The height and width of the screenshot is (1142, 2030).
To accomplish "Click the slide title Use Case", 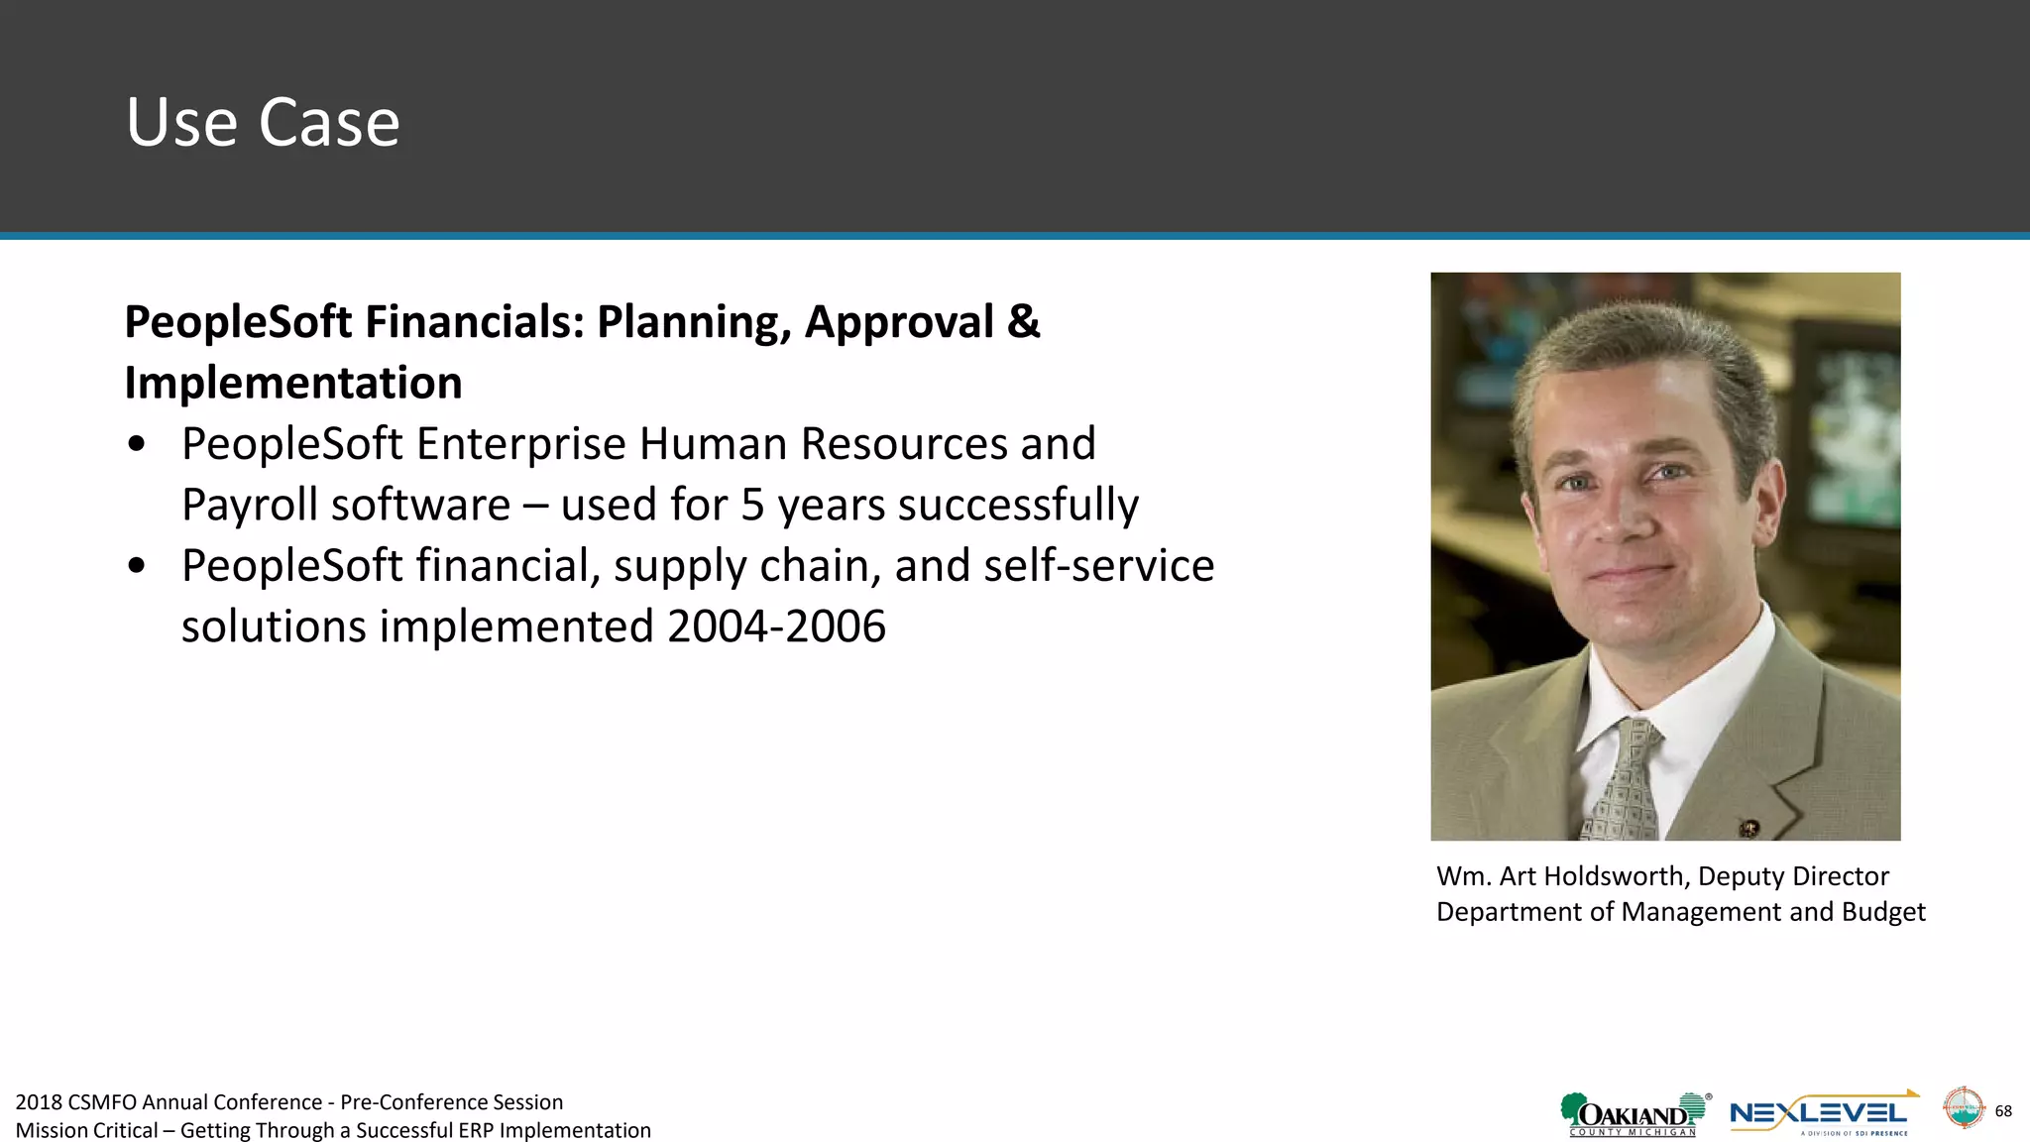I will (x=263, y=122).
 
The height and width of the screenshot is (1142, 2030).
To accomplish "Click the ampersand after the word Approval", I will (x=1023, y=322).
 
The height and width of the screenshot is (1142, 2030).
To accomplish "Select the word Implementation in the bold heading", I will (x=293, y=383).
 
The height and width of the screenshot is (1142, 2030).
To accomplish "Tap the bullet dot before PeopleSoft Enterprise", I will (x=137, y=445).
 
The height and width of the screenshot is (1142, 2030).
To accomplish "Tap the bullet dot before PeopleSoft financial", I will (x=137, y=566).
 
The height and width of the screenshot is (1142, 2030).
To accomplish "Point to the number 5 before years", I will (x=753, y=505).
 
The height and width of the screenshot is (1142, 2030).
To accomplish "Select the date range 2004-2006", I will (x=776, y=627).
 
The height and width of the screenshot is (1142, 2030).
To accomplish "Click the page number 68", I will (x=2003, y=1111).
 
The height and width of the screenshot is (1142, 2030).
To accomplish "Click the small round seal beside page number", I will (x=1963, y=1108).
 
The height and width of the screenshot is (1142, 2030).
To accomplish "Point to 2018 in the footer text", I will (x=39, y=1102).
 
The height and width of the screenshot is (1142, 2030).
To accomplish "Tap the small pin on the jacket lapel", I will (x=1749, y=826).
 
